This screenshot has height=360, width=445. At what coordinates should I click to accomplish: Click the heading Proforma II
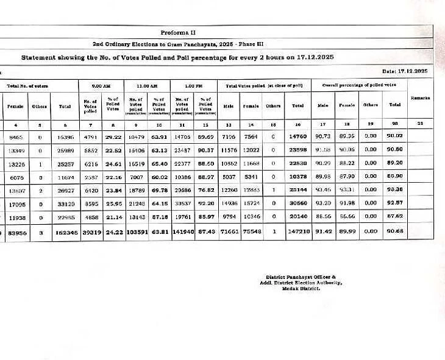pyautogui.click(x=178, y=32)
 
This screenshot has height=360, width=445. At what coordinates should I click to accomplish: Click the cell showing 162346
pyautogui.click(x=65, y=232)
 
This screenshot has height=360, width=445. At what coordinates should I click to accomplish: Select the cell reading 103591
pyautogui.click(x=135, y=232)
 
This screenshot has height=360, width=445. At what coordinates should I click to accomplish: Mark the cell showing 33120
pyautogui.click(x=65, y=203)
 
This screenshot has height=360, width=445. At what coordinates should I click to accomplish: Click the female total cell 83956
pyautogui.click(x=16, y=232)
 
